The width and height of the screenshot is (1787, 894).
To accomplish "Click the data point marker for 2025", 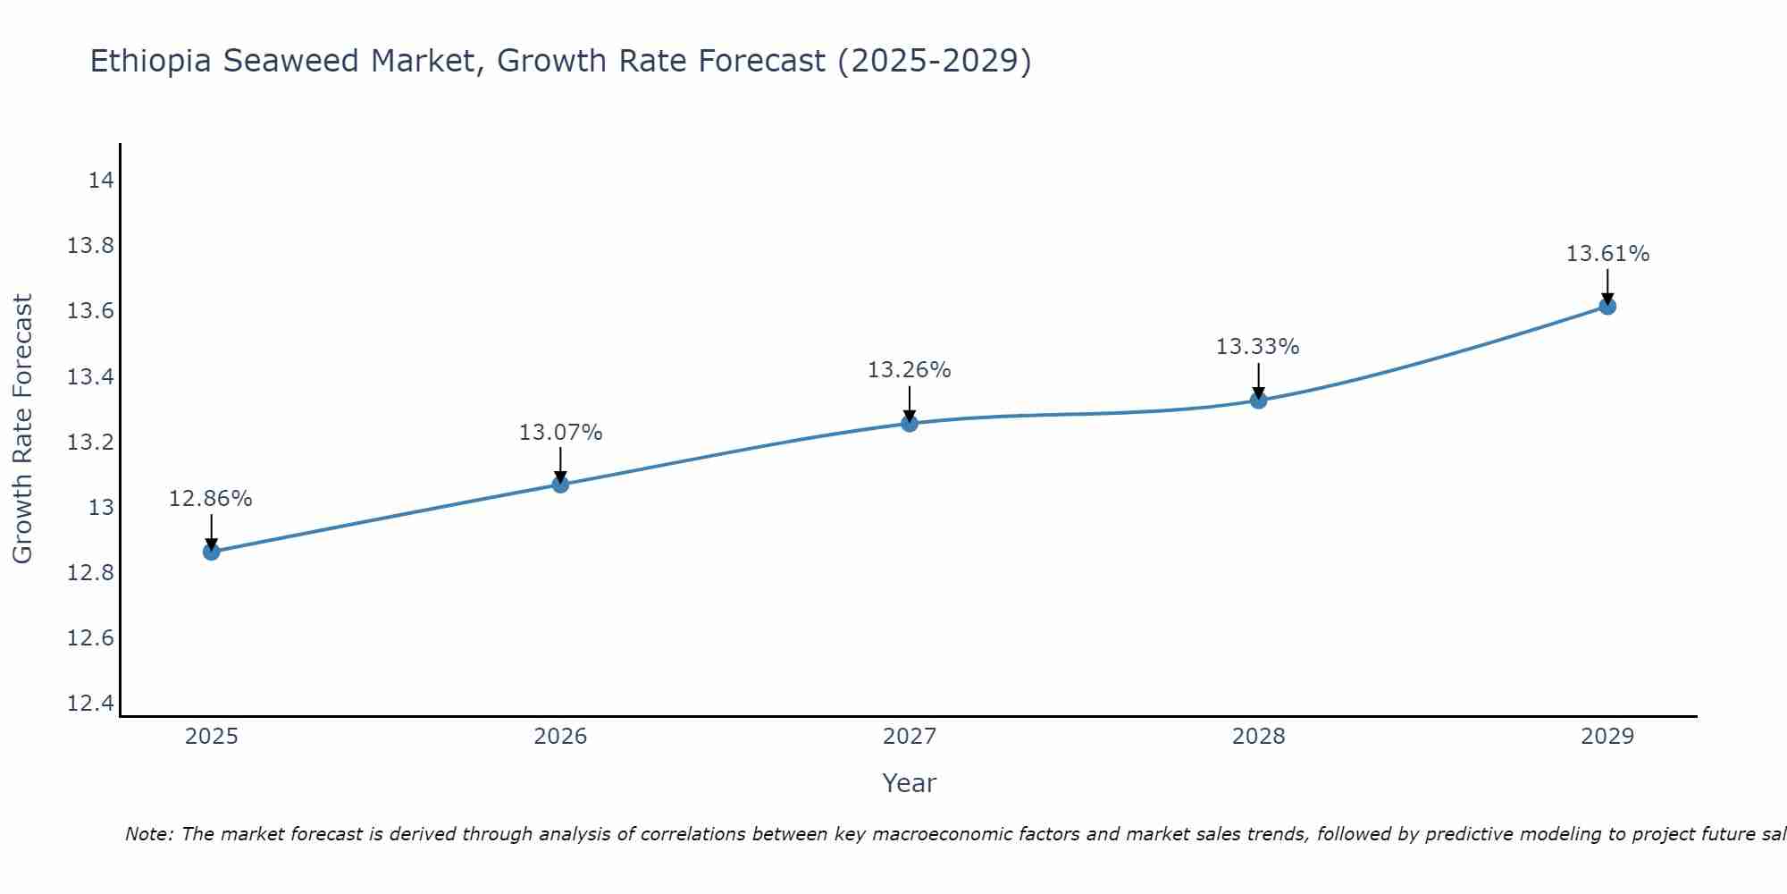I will point(211,552).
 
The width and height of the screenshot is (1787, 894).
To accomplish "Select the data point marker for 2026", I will point(560,485).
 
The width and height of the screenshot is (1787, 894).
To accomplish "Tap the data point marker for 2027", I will point(910,423).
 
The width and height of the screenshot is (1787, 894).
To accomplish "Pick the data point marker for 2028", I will point(1258,400).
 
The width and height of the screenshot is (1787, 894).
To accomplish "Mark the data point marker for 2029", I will point(1607,307).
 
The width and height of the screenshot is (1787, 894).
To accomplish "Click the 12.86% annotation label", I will point(211,499).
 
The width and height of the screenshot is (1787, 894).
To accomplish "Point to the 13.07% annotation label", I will point(560,433).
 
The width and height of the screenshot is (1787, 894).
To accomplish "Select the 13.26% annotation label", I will point(910,370).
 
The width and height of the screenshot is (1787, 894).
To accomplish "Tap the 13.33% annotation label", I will point(1258,347).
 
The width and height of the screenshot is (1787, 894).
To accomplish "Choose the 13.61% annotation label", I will point(1607,254).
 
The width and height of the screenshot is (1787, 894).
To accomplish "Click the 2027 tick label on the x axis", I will point(910,737).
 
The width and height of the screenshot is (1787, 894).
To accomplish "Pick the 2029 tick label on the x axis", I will point(1607,737).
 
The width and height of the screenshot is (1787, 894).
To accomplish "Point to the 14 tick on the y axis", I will point(101,181).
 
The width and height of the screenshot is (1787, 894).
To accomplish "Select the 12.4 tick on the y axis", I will point(91,704).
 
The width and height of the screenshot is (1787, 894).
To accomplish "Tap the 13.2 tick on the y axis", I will point(91,443).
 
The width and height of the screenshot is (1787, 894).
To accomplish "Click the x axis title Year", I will point(910,783).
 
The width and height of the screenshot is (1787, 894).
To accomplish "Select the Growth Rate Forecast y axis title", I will point(22,429).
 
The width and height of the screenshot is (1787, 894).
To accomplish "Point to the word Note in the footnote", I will point(147,834).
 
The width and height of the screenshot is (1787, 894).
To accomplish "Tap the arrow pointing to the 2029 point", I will point(1607,286).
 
